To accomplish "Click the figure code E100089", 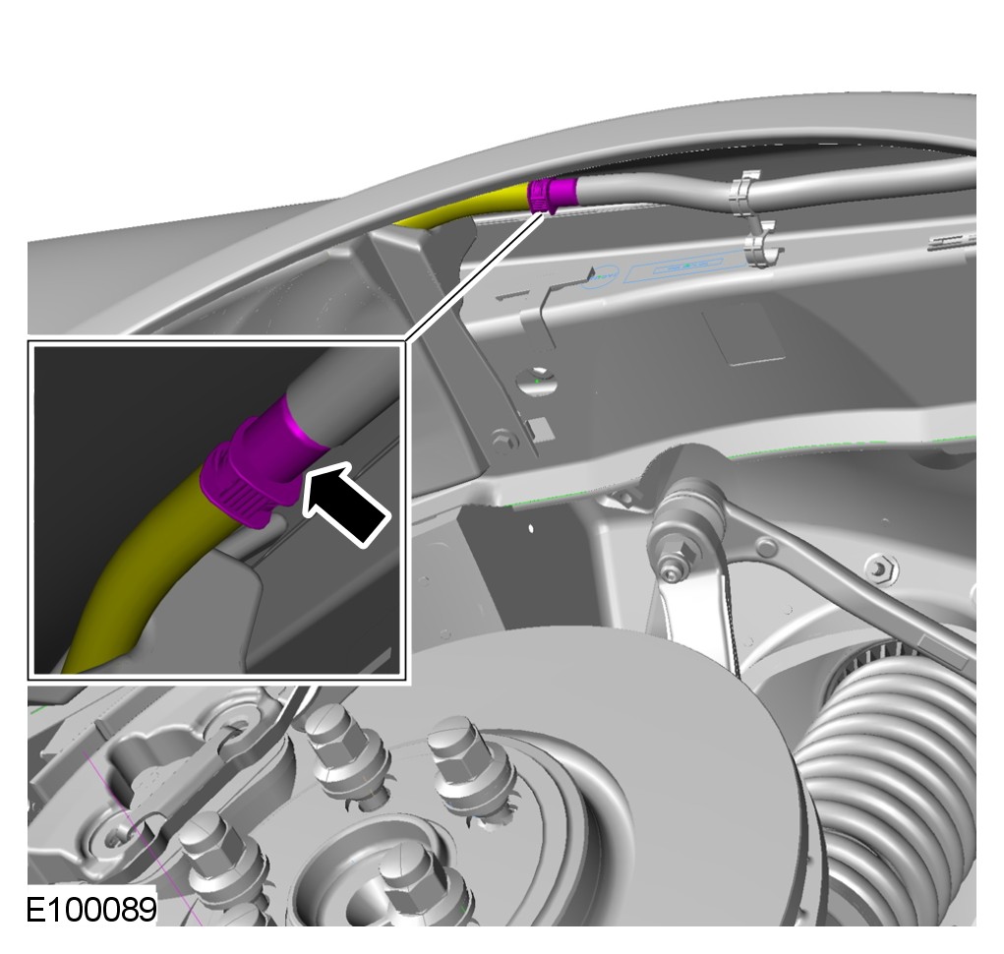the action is (x=90, y=908).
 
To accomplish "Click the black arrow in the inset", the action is (x=346, y=504).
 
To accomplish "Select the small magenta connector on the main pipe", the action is (x=552, y=196).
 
